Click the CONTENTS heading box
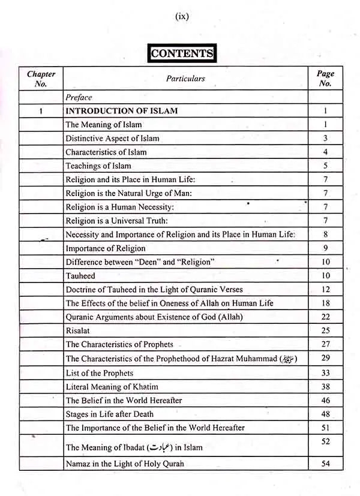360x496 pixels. click(x=182, y=53)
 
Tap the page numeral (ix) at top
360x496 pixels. click(x=182, y=17)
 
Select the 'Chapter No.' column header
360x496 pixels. click(x=41, y=79)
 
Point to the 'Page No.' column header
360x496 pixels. click(x=325, y=79)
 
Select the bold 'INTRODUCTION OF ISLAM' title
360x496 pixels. click(x=121, y=111)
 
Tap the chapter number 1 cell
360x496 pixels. click(x=41, y=111)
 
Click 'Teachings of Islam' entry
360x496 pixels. click(x=98, y=166)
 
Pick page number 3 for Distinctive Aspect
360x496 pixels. click(x=325, y=139)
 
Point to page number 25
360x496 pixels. click(x=325, y=330)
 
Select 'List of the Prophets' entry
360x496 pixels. click(x=100, y=373)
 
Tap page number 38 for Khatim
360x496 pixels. click(x=325, y=387)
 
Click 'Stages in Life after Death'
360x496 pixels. click(x=109, y=414)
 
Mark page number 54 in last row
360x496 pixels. click(x=325, y=464)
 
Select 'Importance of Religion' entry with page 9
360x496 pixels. click(x=105, y=248)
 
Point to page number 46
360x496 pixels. click(x=325, y=400)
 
